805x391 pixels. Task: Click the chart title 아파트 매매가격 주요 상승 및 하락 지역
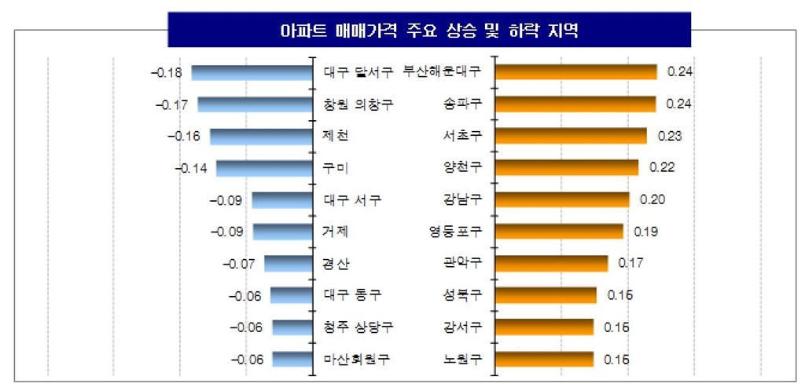pyautogui.click(x=428, y=31)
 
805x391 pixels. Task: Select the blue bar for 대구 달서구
pyautogui.click(x=252, y=72)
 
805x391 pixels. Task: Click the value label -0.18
pyautogui.click(x=166, y=73)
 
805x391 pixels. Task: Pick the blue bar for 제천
pyautogui.click(x=261, y=136)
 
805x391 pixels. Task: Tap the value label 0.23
pyautogui.click(x=670, y=136)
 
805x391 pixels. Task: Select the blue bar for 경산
pyautogui.click(x=288, y=263)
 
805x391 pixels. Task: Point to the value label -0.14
pyautogui.click(x=189, y=168)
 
